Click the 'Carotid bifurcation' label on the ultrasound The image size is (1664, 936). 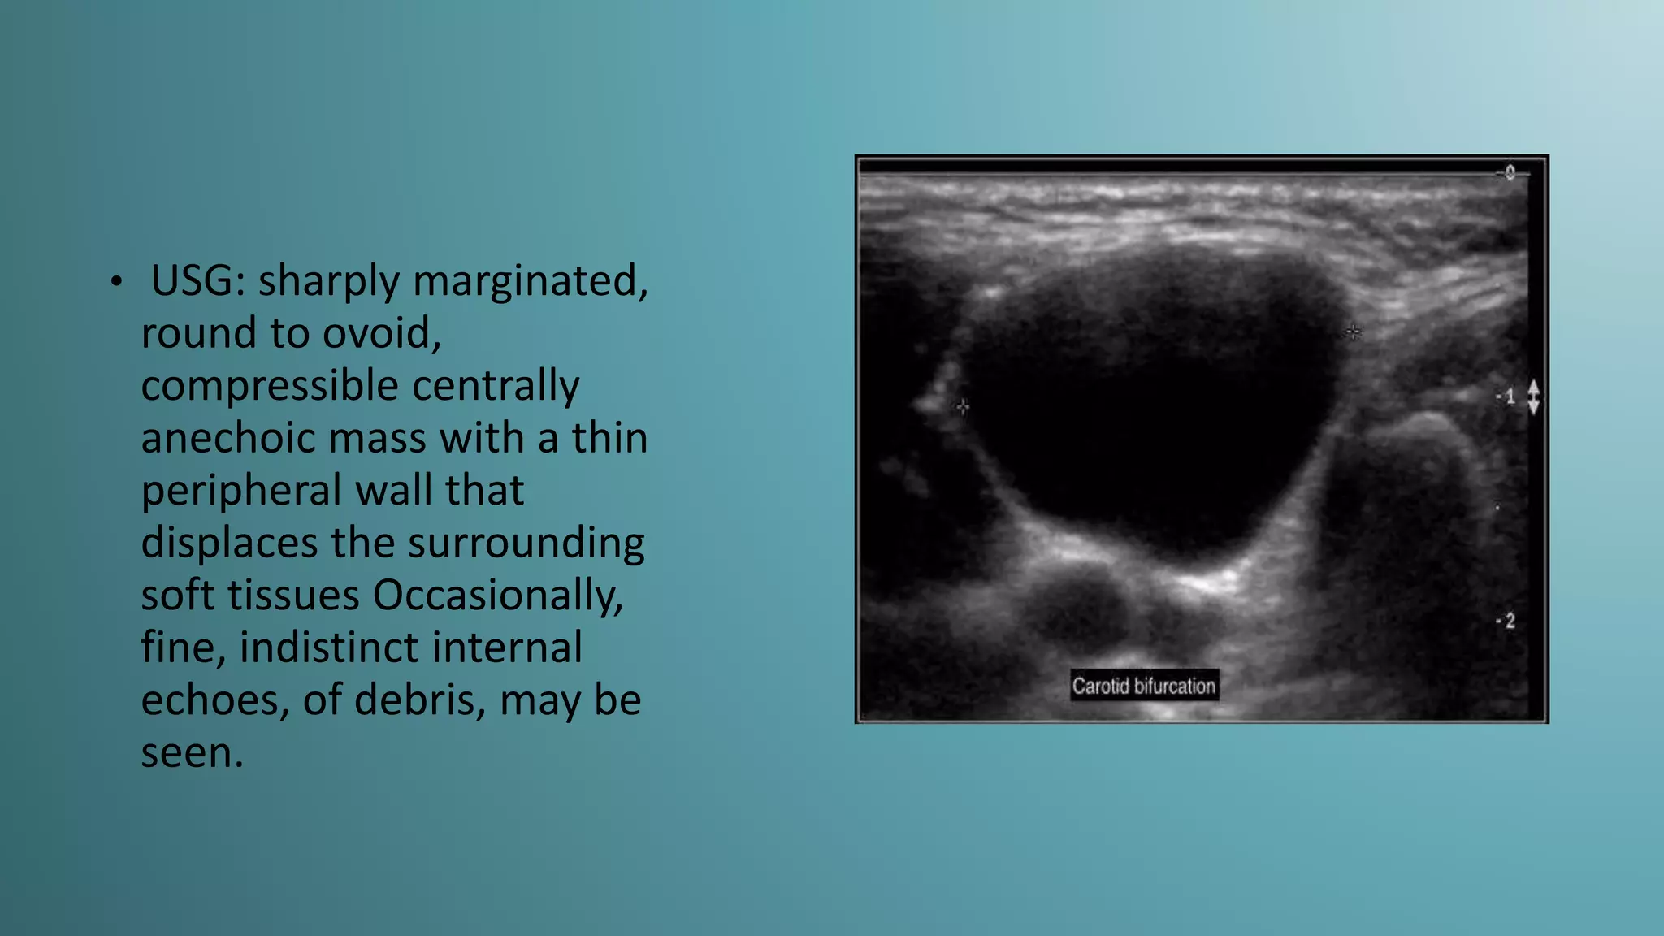(1144, 686)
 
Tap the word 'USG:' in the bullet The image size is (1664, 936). (198, 281)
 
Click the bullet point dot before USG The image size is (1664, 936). (117, 282)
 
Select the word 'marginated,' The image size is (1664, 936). (531, 281)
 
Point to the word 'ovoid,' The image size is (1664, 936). (382, 333)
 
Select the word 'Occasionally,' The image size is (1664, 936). (498, 596)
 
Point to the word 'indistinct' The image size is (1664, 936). (411, 648)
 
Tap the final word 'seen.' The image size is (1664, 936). (193, 752)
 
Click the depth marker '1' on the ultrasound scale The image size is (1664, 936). (1509, 396)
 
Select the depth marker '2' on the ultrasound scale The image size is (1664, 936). (1509, 621)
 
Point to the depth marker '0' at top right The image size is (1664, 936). (1510, 172)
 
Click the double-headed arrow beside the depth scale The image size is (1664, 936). (1533, 396)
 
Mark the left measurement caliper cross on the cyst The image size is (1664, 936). (963, 406)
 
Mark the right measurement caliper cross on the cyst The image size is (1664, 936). (1353, 331)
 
